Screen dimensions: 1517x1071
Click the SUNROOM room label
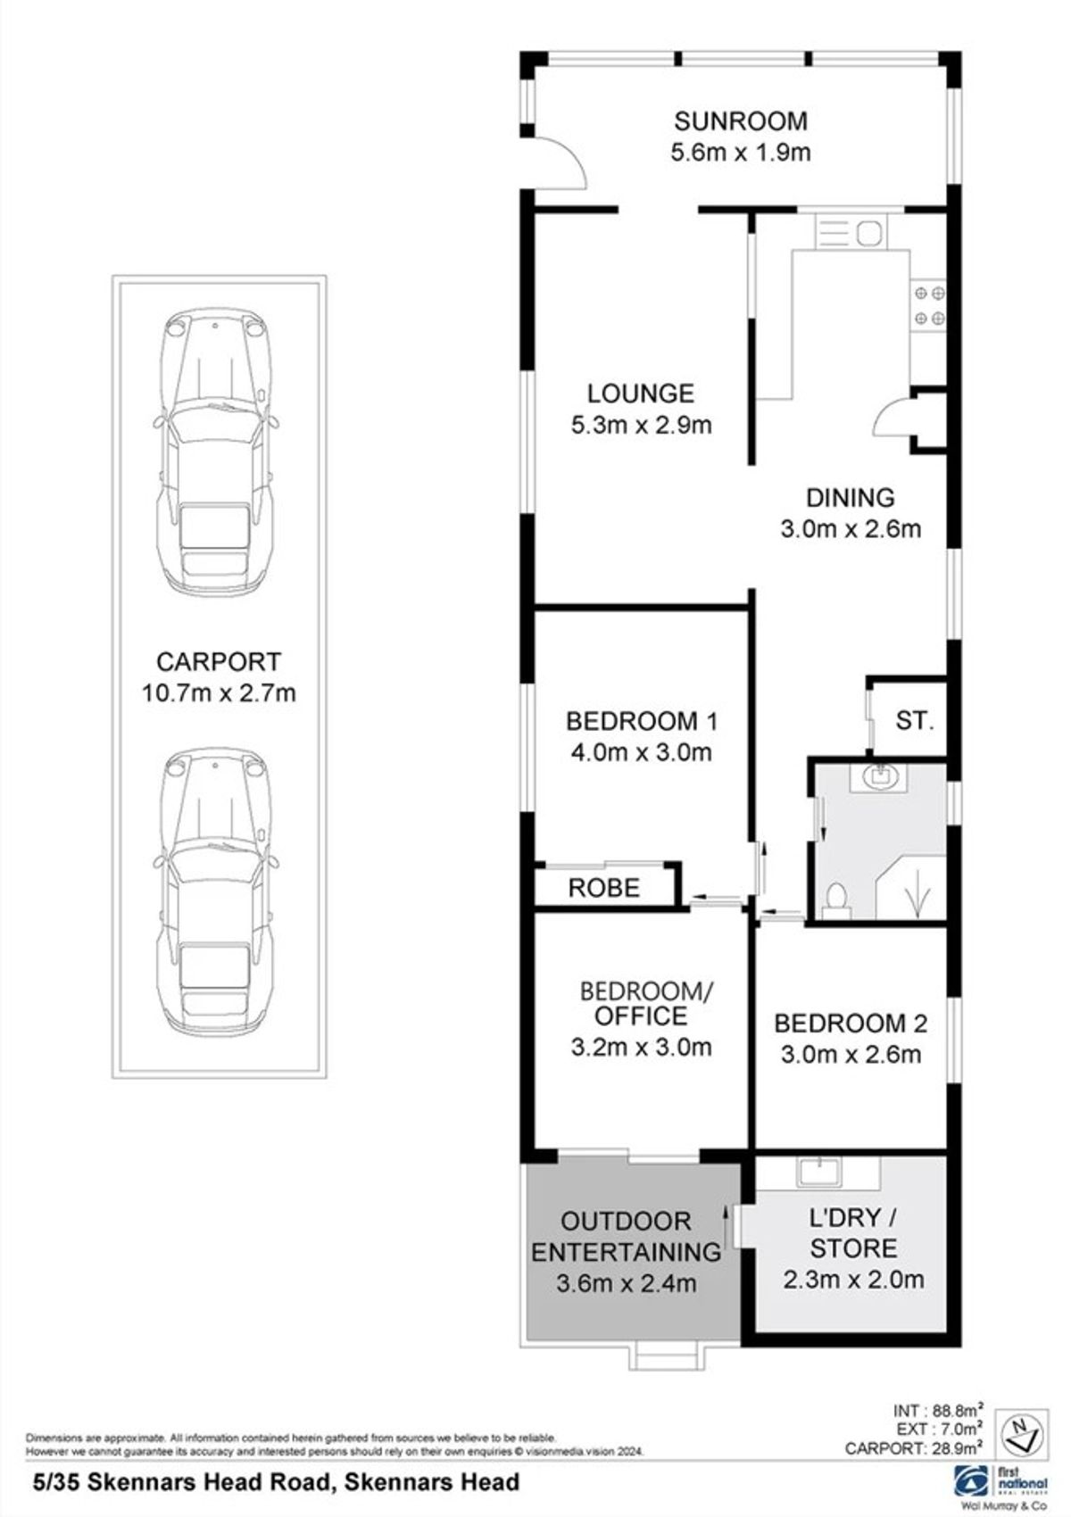(x=740, y=120)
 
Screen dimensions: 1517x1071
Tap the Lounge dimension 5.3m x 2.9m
(x=641, y=425)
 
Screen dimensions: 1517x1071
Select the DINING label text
(x=850, y=498)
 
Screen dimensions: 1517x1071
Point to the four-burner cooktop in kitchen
(x=928, y=304)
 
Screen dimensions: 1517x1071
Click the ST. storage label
(x=914, y=720)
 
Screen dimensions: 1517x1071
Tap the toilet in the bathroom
(x=835, y=898)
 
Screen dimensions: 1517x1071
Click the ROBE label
(x=604, y=888)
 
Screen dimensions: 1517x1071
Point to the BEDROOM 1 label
(x=641, y=720)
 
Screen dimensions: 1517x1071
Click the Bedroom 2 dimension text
(x=850, y=1054)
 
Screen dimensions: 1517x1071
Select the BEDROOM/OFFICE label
(x=647, y=1003)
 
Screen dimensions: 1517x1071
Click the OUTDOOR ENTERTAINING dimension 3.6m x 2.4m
(x=626, y=1283)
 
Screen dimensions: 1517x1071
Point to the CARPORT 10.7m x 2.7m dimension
(x=219, y=692)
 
